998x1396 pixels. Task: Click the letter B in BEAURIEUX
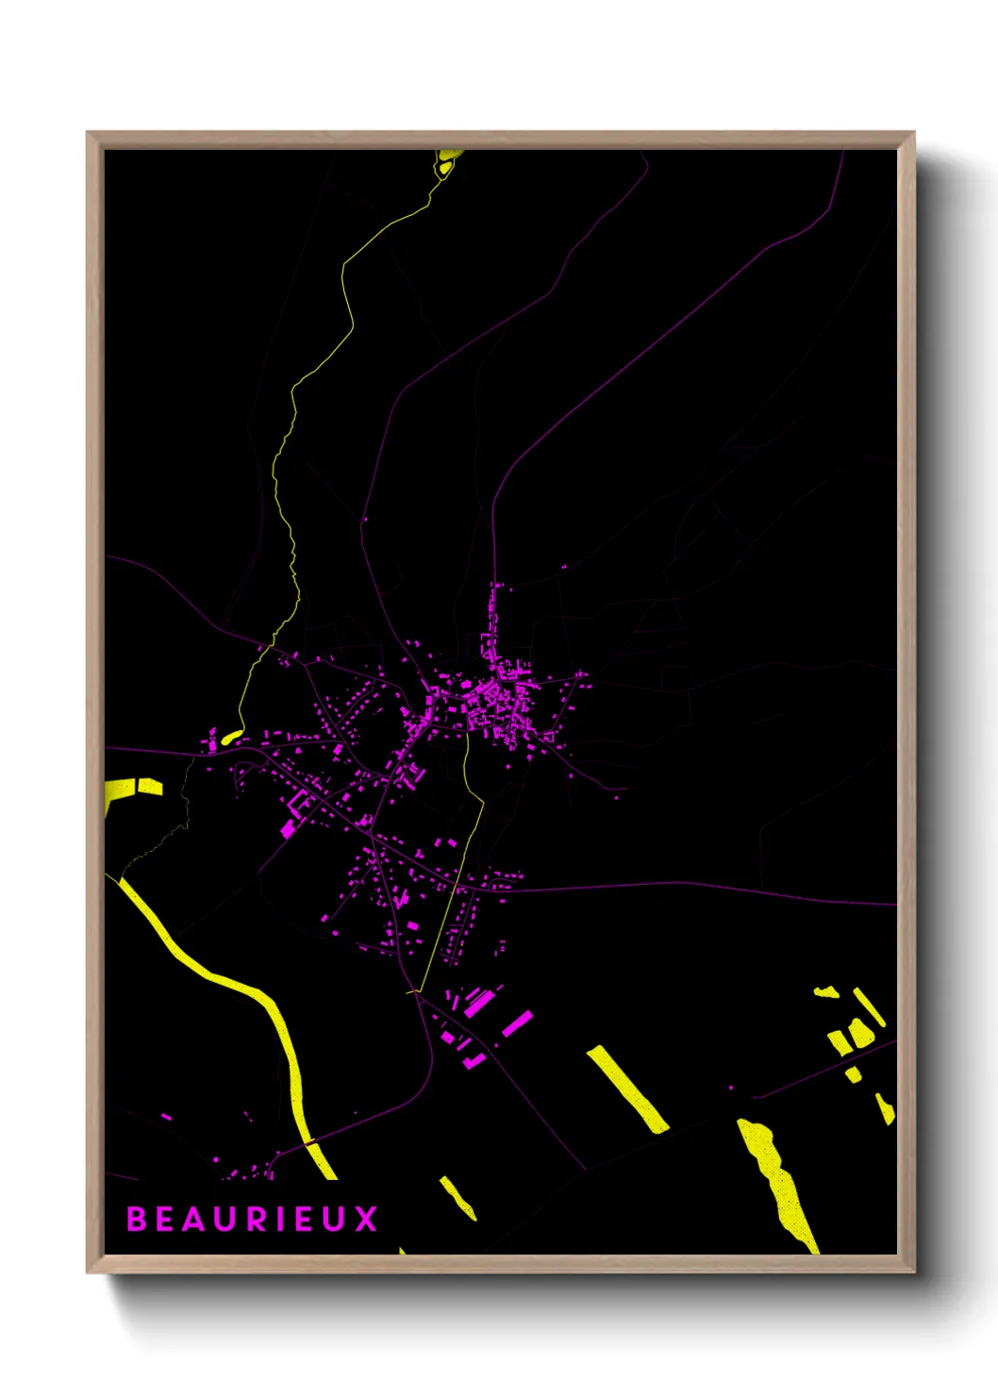137,1219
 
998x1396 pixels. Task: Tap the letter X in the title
366,1219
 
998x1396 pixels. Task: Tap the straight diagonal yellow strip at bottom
627,1088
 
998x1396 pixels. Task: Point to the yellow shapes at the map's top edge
448,160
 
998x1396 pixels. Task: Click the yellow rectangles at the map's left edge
132,789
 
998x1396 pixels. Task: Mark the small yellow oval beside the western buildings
232,737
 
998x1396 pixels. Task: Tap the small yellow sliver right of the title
458,1197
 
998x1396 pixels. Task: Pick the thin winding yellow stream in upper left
311,377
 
